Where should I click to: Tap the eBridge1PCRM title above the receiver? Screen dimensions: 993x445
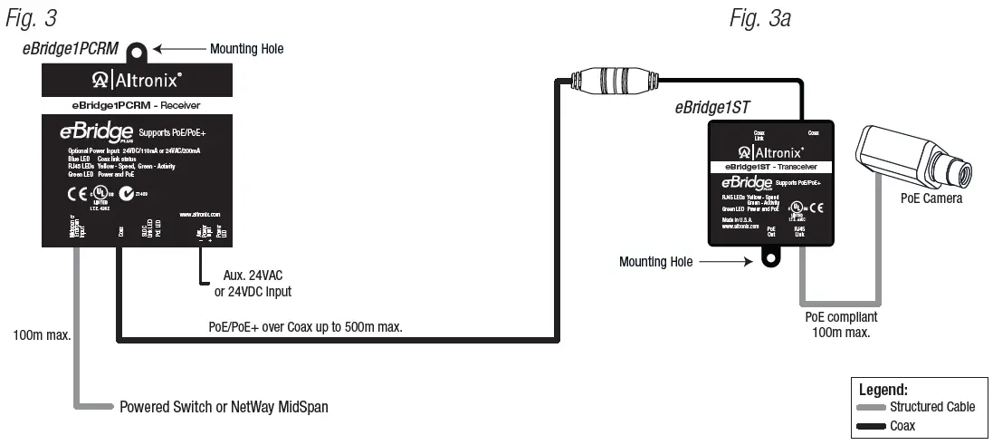70,49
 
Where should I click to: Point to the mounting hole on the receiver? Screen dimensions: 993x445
139,51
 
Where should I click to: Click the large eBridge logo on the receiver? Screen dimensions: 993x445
97,132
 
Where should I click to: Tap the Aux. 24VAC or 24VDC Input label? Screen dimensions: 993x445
257,284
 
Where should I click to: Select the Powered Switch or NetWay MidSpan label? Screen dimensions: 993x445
224,407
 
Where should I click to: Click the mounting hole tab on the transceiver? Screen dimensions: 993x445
770,258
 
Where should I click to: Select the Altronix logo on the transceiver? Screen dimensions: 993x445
770,151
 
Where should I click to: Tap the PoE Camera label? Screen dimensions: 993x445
931,198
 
